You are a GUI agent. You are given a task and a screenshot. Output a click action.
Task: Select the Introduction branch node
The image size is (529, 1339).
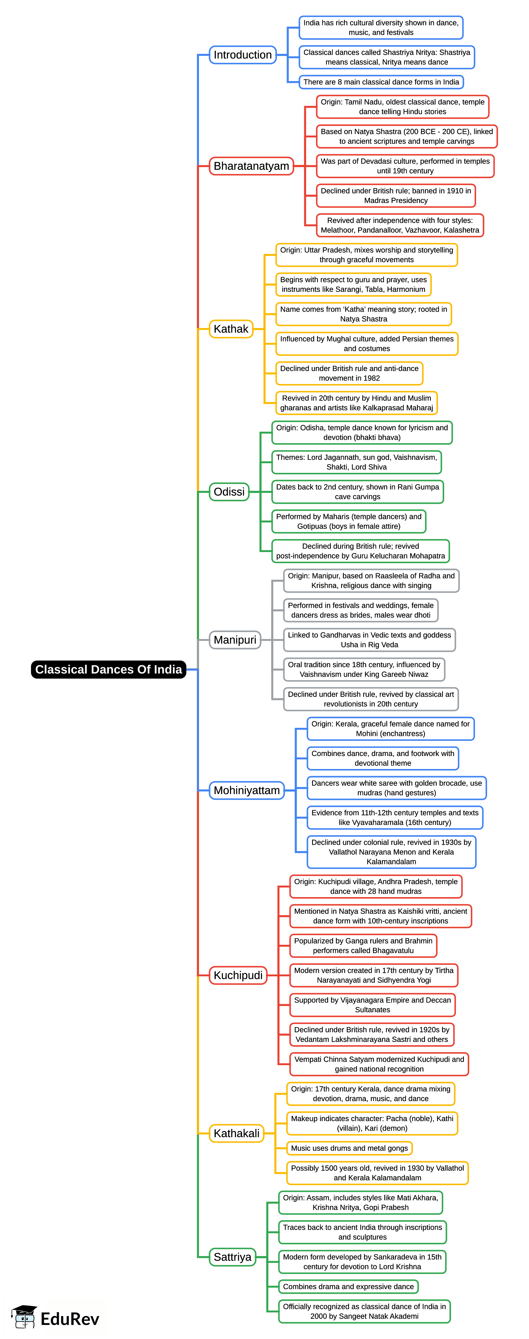pos(242,54)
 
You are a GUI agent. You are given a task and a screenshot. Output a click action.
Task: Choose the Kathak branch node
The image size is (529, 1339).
pos(231,329)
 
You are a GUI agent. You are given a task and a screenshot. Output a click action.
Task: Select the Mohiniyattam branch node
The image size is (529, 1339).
pos(247,790)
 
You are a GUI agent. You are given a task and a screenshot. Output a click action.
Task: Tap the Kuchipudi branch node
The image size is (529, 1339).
pos(238,975)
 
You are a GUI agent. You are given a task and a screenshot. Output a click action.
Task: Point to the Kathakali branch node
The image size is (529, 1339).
pos(236,1133)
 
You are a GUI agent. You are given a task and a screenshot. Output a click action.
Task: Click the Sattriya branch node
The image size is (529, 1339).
pos(232,1257)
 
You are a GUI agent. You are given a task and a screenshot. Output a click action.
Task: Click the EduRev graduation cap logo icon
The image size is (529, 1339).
pos(24,1317)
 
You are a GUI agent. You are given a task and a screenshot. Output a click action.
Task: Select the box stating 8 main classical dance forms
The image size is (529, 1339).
pos(381,82)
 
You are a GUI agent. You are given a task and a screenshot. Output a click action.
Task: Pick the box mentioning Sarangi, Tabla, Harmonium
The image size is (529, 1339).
pos(353,284)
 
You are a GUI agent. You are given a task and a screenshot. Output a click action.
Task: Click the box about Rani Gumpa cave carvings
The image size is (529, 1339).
pos(357,492)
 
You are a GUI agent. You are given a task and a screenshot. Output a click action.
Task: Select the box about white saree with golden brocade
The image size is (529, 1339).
pos(396,788)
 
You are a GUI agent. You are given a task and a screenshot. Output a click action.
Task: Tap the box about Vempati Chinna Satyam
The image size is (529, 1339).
pos(379,1064)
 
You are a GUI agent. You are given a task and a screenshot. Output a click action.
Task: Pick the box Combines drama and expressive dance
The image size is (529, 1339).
pos(348,1286)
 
